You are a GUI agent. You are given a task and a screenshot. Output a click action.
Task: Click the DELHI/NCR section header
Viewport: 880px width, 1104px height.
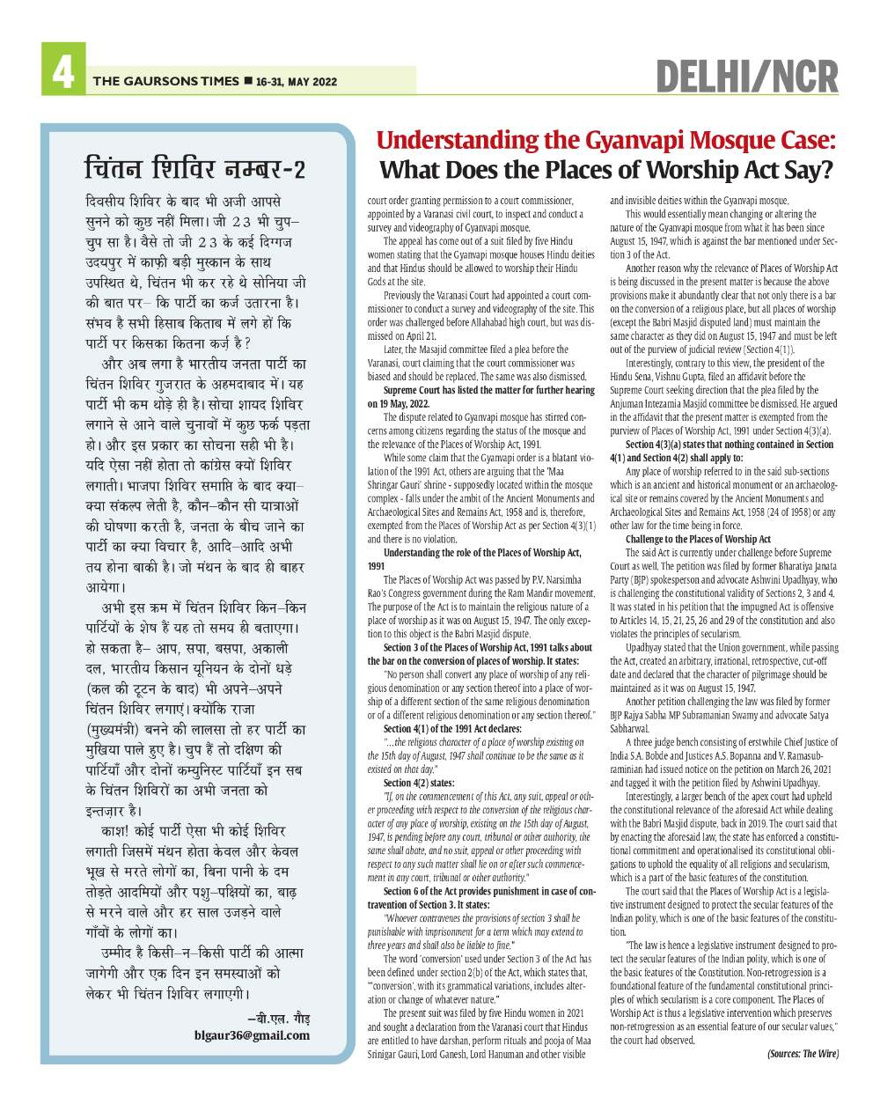coord(747,77)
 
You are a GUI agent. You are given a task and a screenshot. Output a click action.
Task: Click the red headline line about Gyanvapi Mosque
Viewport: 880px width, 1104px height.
coord(605,141)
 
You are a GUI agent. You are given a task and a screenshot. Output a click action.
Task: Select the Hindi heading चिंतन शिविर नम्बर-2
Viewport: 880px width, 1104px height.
coord(195,166)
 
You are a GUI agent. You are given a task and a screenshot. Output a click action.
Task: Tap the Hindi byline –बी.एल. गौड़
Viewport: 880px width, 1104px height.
coord(279,1018)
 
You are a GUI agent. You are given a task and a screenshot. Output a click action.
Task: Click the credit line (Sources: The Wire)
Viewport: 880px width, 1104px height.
coord(803,1053)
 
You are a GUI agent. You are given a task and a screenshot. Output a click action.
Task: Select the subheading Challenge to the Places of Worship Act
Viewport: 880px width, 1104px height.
coord(698,539)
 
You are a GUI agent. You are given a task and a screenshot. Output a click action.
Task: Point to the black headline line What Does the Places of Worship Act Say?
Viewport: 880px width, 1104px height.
coord(605,169)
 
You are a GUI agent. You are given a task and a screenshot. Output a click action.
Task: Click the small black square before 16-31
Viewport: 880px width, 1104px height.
coord(247,81)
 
